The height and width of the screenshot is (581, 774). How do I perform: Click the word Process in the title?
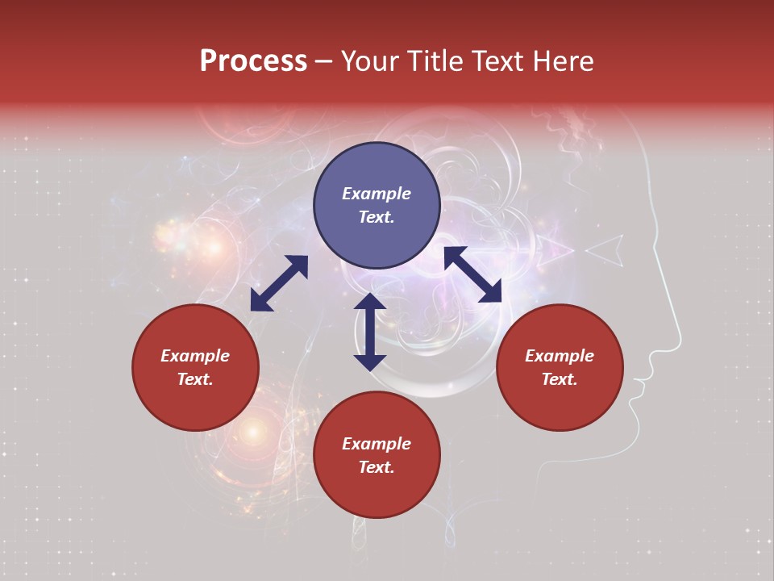(253, 61)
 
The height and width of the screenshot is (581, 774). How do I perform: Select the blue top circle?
(377, 206)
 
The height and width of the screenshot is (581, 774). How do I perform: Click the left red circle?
(195, 367)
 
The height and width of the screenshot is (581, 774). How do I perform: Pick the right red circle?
(560, 367)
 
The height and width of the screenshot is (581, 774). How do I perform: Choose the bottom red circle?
(377, 455)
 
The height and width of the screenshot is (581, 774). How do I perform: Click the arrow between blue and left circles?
(279, 283)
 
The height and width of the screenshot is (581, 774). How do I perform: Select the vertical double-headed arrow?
(370, 332)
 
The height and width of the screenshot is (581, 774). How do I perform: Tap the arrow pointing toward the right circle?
(472, 274)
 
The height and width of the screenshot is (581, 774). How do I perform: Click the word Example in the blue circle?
(377, 194)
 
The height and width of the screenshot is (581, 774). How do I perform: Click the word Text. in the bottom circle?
(377, 467)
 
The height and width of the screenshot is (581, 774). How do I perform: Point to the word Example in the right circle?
(560, 356)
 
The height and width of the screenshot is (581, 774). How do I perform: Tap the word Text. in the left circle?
(195, 379)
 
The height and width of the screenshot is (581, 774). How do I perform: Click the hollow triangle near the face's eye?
(606, 251)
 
